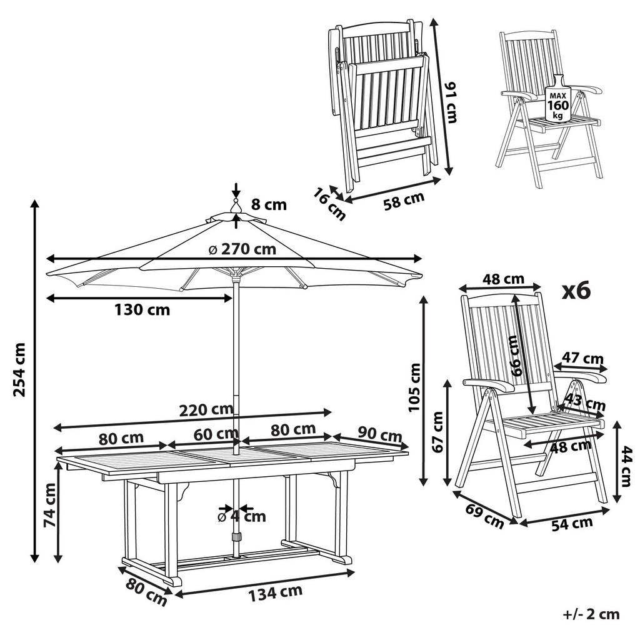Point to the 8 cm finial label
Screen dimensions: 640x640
[x=269, y=204]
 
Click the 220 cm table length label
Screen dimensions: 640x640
[x=205, y=410]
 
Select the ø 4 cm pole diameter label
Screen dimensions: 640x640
[x=241, y=516]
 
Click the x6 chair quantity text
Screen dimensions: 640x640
[x=576, y=291]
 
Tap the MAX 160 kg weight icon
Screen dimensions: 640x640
[x=557, y=101]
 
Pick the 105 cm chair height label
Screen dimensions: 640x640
[x=414, y=387]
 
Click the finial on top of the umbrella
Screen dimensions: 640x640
[x=236, y=207]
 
